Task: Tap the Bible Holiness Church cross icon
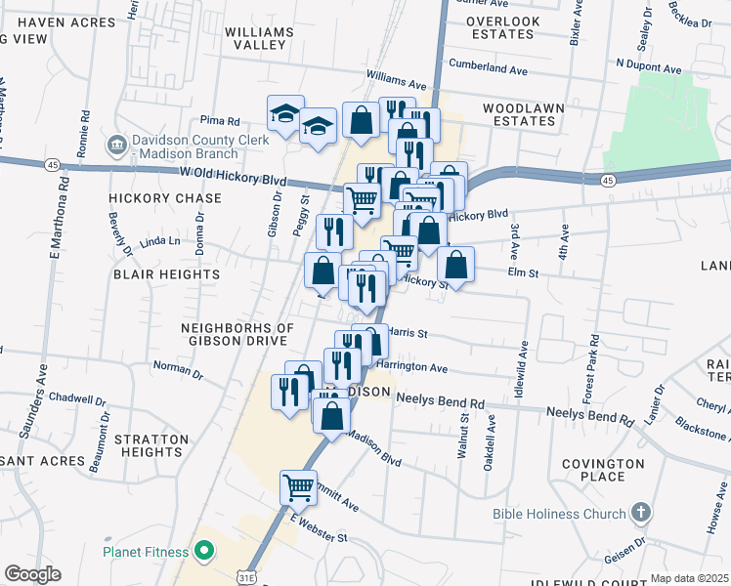pos(640,512)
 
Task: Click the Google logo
pos(32,574)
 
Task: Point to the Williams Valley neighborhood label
pos(259,38)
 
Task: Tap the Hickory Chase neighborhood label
pos(165,197)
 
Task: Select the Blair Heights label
pos(166,274)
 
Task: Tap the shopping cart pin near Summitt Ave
pos(299,485)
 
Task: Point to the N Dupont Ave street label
pos(648,69)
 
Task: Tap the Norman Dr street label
pos(177,372)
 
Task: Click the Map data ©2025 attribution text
pos(689,578)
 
